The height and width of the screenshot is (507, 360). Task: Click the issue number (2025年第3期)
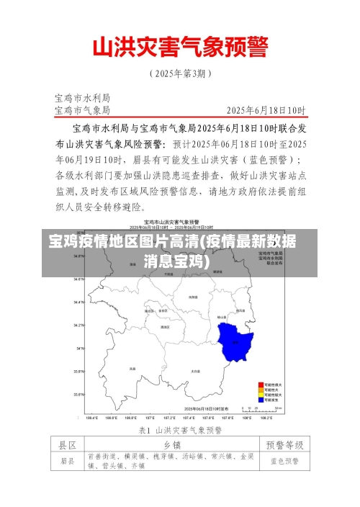pos(180,73)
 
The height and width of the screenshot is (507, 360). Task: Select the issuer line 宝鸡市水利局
pos(82,97)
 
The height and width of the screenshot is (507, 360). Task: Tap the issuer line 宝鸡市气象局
pos(82,110)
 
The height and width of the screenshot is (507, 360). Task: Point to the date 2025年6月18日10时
pos(266,110)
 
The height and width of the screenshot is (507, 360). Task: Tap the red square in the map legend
pos(260,385)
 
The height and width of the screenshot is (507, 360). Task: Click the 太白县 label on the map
pos(195,370)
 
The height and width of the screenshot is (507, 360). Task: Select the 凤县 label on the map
pos(132,368)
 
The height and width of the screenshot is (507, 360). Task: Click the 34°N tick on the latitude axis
pos(79,348)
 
